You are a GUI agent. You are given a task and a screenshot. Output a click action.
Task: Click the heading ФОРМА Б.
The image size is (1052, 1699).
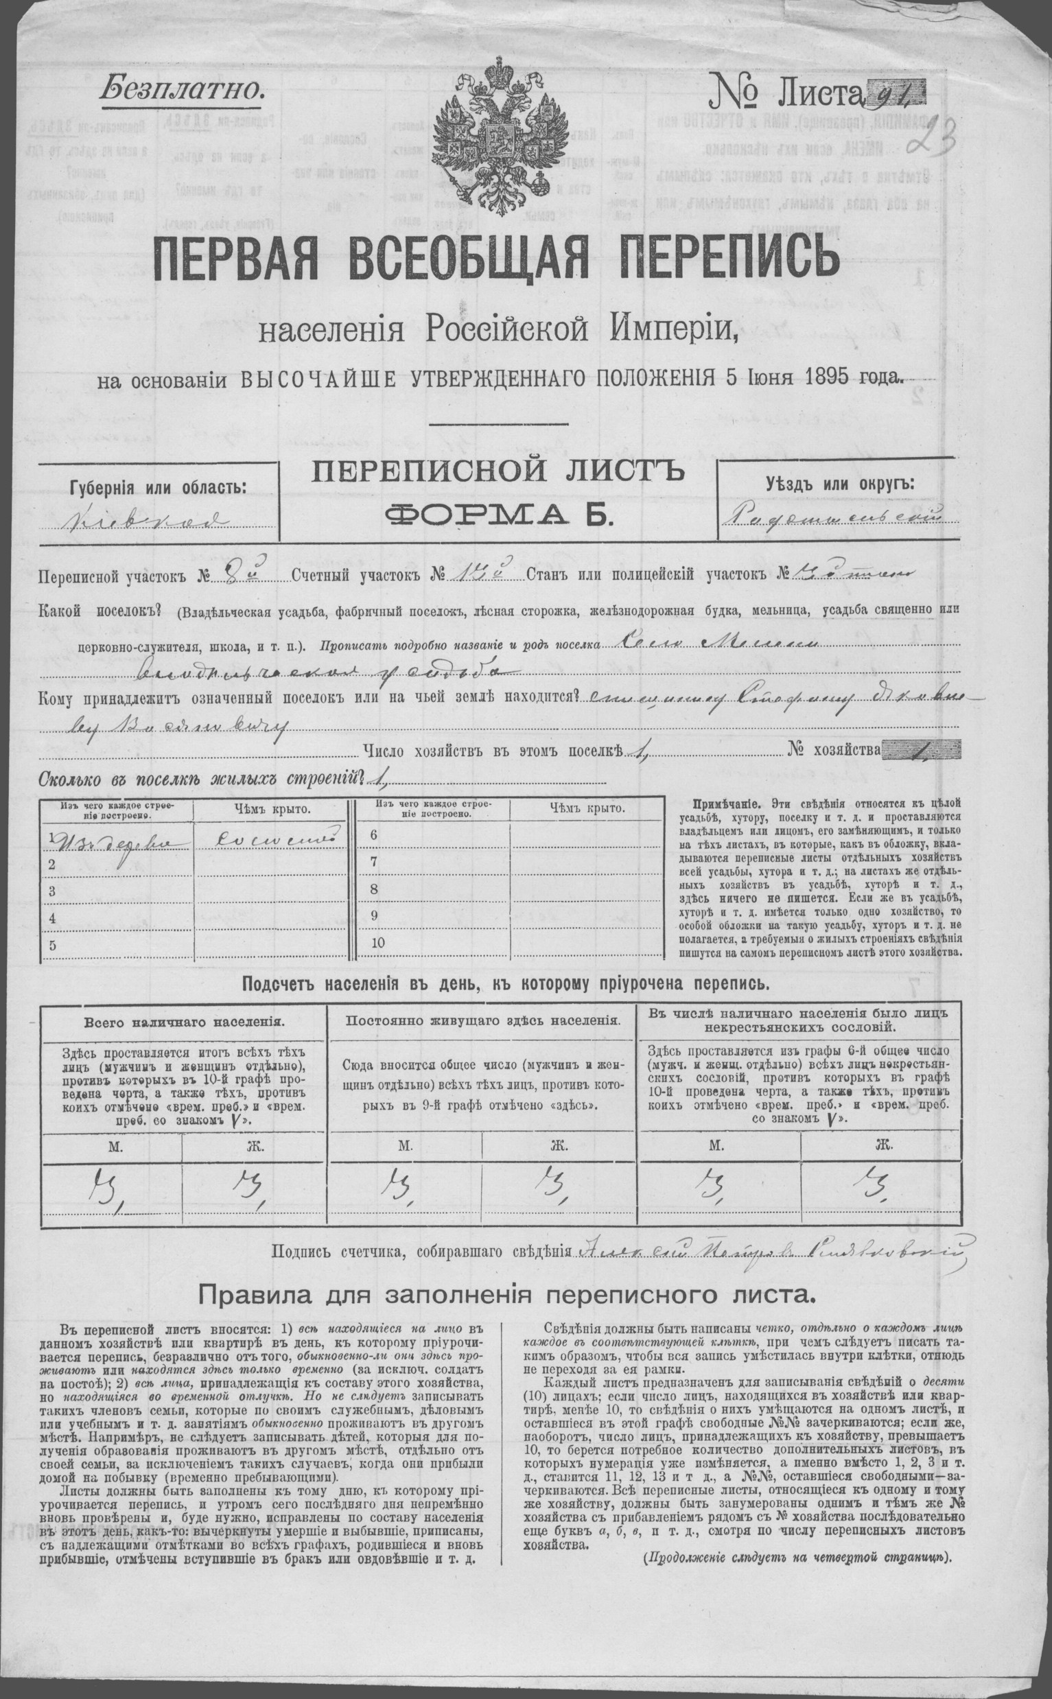point(498,515)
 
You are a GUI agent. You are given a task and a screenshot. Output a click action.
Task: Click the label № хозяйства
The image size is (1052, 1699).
point(833,749)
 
